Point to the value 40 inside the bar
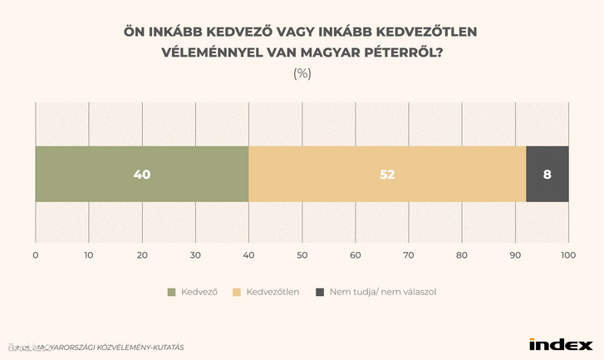tap(142, 175)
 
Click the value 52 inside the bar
tap(387, 175)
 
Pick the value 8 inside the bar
tap(548, 175)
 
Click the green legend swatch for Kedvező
tap(172, 292)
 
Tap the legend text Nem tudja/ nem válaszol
tap(382, 292)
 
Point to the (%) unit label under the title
tap(302, 73)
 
